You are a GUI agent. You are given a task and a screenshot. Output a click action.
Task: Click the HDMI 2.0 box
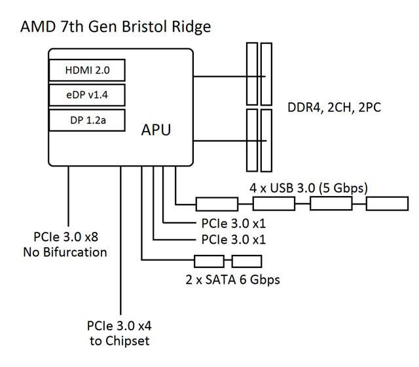[86, 70]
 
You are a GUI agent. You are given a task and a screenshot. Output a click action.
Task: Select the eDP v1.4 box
[86, 95]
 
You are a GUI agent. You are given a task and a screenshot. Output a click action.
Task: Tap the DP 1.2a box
[86, 120]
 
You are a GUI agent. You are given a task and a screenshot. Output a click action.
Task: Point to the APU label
[156, 130]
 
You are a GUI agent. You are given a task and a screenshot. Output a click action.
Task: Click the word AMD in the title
[37, 27]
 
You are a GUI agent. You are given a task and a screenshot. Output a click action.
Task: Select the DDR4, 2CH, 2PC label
[334, 107]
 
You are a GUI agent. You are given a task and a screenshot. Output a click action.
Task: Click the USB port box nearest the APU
[217, 203]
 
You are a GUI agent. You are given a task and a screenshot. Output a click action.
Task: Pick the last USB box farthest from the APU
[386, 203]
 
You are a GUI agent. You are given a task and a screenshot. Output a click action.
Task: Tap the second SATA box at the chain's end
[246, 261]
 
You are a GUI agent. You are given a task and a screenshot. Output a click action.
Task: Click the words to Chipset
[120, 341]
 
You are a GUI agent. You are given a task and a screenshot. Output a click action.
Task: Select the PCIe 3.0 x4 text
[120, 326]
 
